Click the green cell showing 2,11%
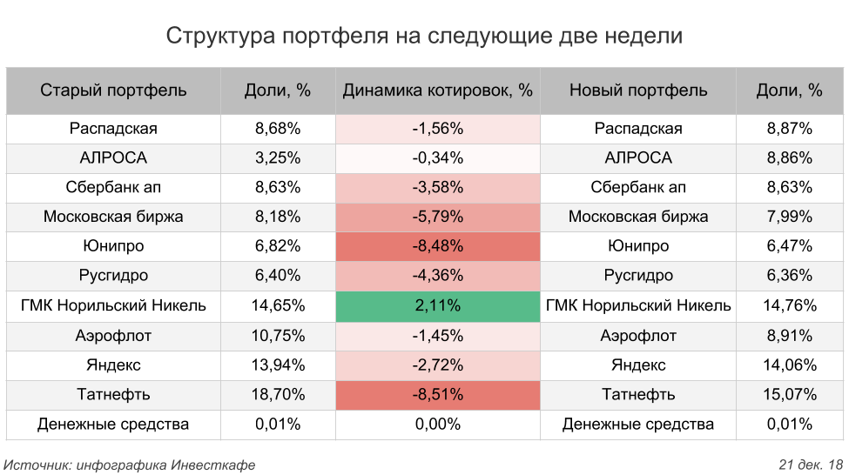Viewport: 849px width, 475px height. pos(437,305)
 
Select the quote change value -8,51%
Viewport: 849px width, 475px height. pos(437,394)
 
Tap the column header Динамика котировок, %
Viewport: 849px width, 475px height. pos(437,90)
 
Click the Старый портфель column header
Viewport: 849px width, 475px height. pos(113,90)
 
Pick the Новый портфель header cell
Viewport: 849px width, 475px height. pos(638,90)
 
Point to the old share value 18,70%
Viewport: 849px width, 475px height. pos(278,394)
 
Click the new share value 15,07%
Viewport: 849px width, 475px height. pos(789,394)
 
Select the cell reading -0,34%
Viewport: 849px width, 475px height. pos(437,158)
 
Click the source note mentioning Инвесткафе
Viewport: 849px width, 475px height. pos(130,465)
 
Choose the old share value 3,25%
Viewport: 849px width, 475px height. pos(278,158)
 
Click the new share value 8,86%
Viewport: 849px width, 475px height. pos(789,158)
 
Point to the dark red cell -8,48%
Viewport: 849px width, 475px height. pos(437,246)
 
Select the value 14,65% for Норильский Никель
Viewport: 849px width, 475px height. pos(278,305)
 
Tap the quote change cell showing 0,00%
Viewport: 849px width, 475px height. pos(437,425)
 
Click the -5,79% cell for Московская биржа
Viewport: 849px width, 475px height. pos(437,217)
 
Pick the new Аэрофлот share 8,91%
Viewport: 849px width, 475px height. pos(789,336)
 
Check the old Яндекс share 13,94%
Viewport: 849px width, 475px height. pos(278,365)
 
